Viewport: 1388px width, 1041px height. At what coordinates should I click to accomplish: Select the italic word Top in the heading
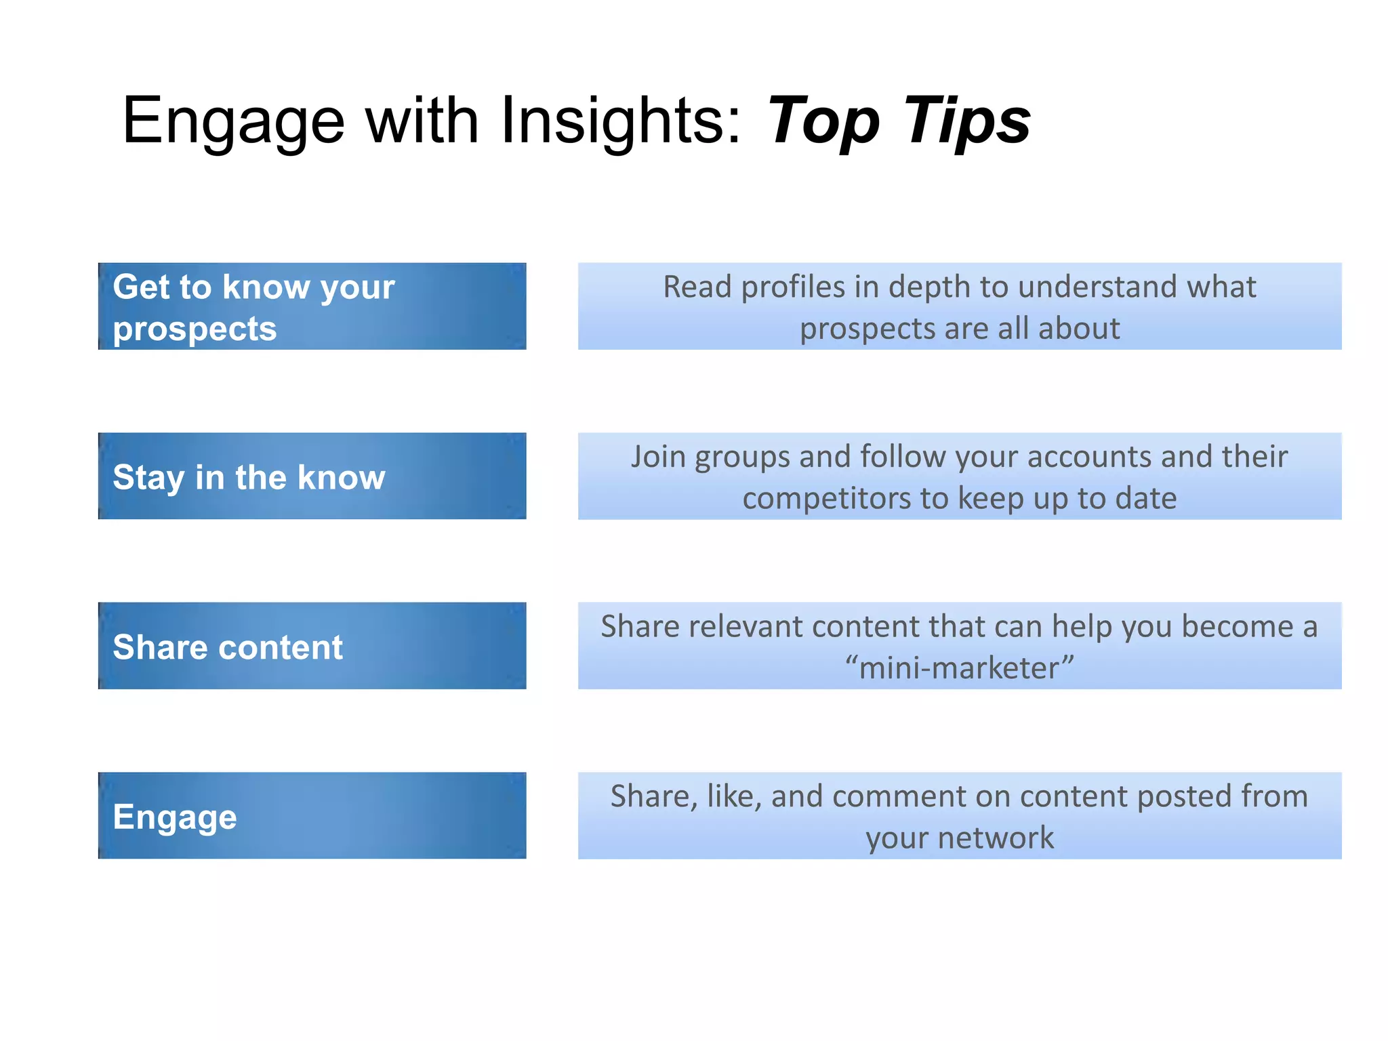(823, 121)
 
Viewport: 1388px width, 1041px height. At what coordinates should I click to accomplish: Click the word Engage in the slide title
(234, 121)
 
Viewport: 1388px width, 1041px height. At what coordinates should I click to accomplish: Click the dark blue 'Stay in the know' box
(312, 476)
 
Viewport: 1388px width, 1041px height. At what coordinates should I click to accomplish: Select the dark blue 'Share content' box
(312, 646)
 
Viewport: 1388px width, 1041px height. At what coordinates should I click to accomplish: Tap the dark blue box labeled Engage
(312, 815)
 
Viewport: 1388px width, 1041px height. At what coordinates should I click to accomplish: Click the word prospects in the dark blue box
(195, 329)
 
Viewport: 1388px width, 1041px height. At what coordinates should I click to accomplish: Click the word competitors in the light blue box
(826, 499)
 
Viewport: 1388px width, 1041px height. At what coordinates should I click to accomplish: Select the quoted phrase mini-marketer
(959, 668)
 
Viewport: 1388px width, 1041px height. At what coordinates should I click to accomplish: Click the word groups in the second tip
(743, 457)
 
